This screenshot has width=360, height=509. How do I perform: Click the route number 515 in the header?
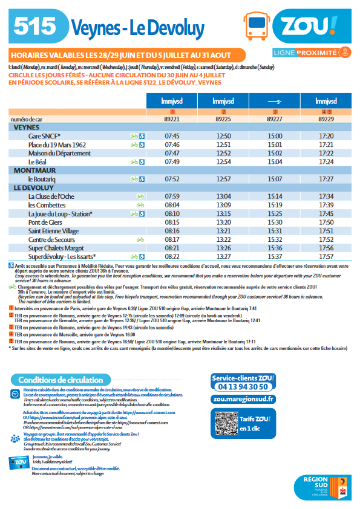coord(34,26)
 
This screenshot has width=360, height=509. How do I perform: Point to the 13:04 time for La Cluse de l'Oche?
coord(223,196)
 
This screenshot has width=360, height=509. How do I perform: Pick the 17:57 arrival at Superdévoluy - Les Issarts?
coord(326,256)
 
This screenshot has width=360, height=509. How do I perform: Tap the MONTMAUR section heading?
coord(34,171)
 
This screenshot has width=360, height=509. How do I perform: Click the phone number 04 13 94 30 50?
coord(243,386)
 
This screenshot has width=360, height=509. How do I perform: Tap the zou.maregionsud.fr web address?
coord(243,398)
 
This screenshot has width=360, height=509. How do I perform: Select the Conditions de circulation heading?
coord(60,380)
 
